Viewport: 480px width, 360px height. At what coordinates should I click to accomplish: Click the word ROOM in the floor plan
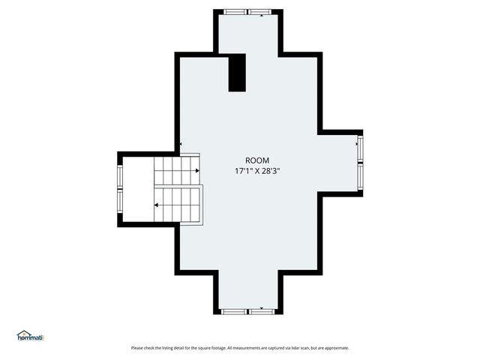[x=257, y=160]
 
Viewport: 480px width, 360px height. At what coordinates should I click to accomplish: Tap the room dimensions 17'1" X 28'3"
[x=257, y=171]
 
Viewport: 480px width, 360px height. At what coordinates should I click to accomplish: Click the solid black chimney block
[x=237, y=73]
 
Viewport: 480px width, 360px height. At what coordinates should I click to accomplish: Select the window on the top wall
[x=247, y=12]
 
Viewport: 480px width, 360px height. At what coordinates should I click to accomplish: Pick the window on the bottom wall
[x=248, y=310]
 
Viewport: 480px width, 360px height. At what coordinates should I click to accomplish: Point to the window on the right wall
[x=360, y=162]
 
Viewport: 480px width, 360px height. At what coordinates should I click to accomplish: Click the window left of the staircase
[x=120, y=188]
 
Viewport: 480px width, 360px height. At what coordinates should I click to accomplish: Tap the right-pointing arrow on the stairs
[x=196, y=171]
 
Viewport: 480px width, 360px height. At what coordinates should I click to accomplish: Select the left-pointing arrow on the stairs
[x=157, y=204]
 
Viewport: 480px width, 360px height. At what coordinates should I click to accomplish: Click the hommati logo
[x=31, y=337]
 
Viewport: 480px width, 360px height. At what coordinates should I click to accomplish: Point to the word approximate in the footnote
[x=334, y=348]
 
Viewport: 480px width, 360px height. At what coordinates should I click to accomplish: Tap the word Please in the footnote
[x=137, y=348]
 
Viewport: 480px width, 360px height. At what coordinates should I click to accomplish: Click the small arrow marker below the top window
[x=261, y=16]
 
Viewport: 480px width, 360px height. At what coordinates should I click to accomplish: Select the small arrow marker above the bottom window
[x=261, y=307]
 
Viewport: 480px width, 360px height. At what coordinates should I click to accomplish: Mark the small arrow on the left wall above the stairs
[x=180, y=145]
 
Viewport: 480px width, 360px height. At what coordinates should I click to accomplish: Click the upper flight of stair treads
[x=177, y=171]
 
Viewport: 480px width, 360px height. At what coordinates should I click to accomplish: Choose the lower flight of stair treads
[x=178, y=205]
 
